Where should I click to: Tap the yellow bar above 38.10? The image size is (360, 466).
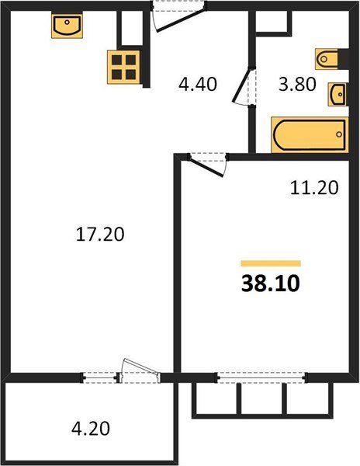point(270,264)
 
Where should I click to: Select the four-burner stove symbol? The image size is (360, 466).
point(123,66)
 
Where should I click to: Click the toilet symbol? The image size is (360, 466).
point(326,58)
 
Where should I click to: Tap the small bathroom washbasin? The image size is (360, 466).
point(338,94)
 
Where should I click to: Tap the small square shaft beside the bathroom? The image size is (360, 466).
point(271,23)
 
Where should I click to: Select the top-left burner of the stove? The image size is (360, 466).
point(116,59)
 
